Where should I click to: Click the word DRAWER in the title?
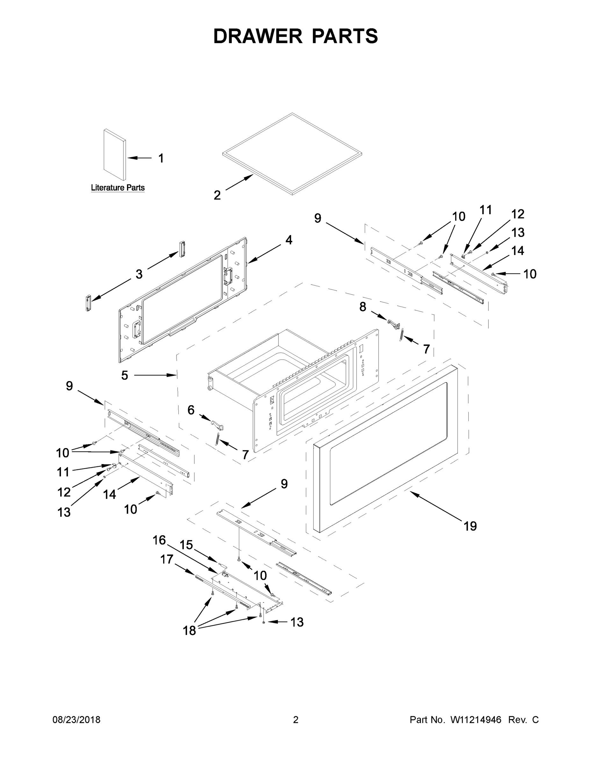click(257, 36)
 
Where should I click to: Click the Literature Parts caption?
click(118, 188)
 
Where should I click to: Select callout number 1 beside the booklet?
click(161, 158)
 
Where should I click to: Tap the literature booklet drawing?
click(114, 155)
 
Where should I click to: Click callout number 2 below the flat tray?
click(217, 195)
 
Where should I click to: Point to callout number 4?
click(289, 240)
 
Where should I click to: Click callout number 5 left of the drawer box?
click(125, 375)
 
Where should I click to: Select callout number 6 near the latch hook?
click(191, 410)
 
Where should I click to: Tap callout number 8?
click(363, 307)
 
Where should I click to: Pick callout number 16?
click(159, 540)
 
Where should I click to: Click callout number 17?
click(167, 559)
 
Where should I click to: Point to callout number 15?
click(186, 545)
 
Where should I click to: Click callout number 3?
click(139, 274)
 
